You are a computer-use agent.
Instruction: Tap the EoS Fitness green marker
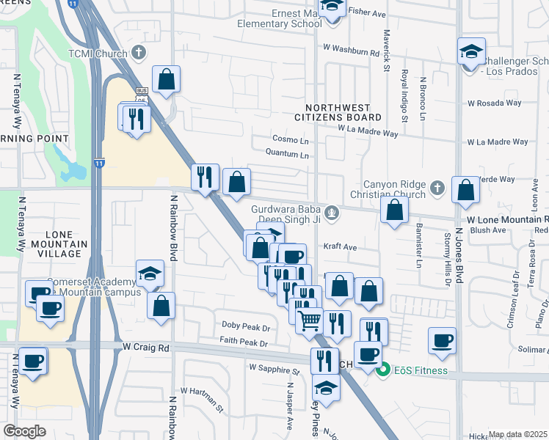coord(382,370)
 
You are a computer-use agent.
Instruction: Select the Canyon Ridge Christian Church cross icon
coord(437,188)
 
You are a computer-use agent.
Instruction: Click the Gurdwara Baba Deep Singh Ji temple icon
coord(332,213)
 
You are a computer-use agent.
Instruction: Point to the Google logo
coord(25,431)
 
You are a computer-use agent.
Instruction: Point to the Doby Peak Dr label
coord(246,325)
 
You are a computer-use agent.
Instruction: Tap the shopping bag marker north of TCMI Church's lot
coord(167,79)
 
